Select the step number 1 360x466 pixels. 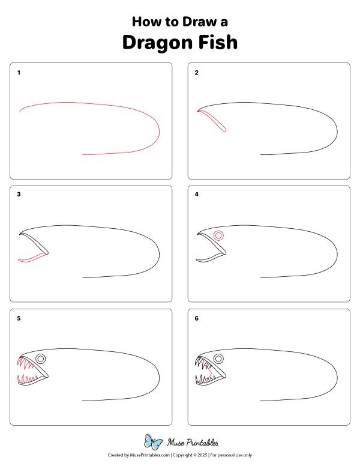click(x=19, y=73)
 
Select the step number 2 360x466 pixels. click(x=196, y=73)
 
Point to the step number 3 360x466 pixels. click(x=19, y=195)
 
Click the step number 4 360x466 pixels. click(x=196, y=195)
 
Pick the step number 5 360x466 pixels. click(x=19, y=318)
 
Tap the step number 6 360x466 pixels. click(x=196, y=318)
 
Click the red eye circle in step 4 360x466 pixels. click(x=218, y=236)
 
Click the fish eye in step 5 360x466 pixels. click(x=41, y=359)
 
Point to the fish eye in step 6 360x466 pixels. click(x=218, y=359)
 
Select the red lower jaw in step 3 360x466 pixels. click(x=32, y=258)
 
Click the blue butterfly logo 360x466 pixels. click(x=154, y=443)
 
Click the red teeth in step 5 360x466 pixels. click(x=27, y=378)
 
